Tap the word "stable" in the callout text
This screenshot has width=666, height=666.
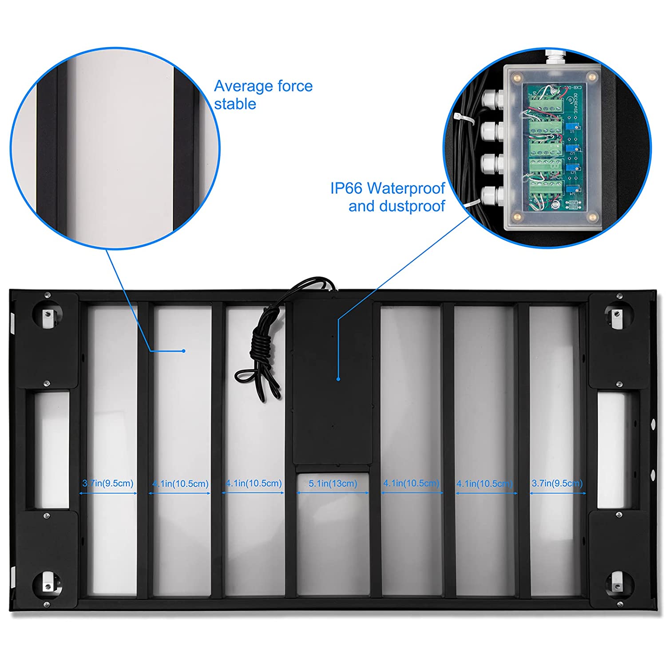[x=235, y=104]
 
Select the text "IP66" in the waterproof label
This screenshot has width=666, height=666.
[x=346, y=188]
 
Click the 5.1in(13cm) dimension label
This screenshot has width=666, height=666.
[x=333, y=484]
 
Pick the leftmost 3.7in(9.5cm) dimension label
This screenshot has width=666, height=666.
[x=108, y=483]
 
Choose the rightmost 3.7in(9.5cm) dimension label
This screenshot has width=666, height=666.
[x=557, y=483]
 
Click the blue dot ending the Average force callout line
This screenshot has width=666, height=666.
[x=184, y=351]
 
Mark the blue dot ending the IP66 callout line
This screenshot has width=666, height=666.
[x=338, y=379]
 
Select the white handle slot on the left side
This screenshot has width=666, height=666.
[x=52, y=450]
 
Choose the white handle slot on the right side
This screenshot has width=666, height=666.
[x=611, y=450]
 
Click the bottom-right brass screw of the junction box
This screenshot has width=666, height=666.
[x=592, y=217]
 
